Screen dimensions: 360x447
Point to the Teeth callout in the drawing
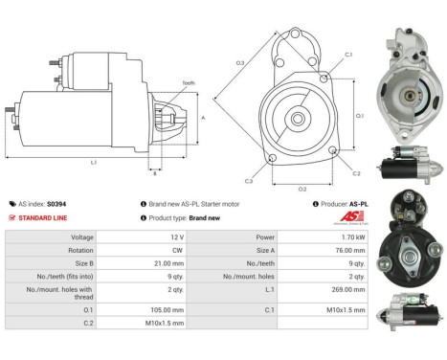click(x=189, y=83)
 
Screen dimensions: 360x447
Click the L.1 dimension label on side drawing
click(x=94, y=163)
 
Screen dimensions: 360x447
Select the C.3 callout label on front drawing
click(x=249, y=181)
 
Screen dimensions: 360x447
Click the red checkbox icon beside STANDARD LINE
click(x=12, y=217)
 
